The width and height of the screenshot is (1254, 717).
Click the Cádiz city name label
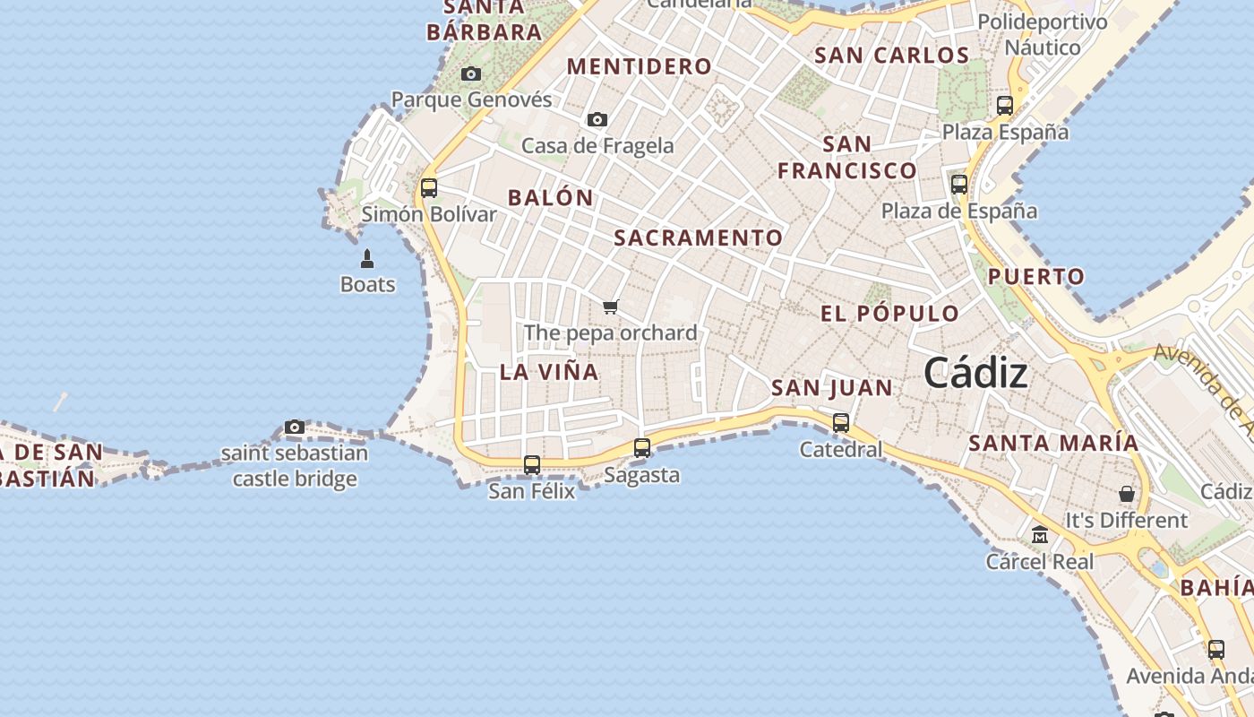[x=975, y=373]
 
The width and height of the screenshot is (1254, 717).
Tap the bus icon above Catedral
[x=841, y=422]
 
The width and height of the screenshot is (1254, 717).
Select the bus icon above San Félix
[x=532, y=464]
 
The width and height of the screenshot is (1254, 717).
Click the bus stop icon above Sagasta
[x=642, y=447]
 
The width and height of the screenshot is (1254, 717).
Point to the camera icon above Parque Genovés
[x=471, y=73]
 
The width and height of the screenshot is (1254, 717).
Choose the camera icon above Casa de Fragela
[x=597, y=119]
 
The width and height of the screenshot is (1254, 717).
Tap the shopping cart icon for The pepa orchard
[x=611, y=307]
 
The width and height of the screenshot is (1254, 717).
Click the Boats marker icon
[x=367, y=259]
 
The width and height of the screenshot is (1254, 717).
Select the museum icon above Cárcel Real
[x=1040, y=535]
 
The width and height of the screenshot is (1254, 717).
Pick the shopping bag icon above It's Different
[x=1127, y=494]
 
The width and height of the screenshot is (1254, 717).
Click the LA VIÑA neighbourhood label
[x=549, y=372]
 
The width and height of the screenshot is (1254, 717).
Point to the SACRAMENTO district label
[x=699, y=238]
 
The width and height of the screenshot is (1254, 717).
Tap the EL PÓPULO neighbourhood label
[x=889, y=314]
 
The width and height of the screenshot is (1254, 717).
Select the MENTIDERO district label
[x=640, y=66]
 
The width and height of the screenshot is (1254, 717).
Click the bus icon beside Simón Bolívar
[x=429, y=187]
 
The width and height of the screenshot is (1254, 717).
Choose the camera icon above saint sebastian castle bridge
[x=295, y=427]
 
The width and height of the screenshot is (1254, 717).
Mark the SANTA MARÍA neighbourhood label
[x=1053, y=443]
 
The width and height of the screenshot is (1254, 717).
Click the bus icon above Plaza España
[x=1005, y=105]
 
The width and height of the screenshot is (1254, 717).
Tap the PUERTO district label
[x=1036, y=277]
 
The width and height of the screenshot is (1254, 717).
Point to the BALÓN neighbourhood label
[x=551, y=198]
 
